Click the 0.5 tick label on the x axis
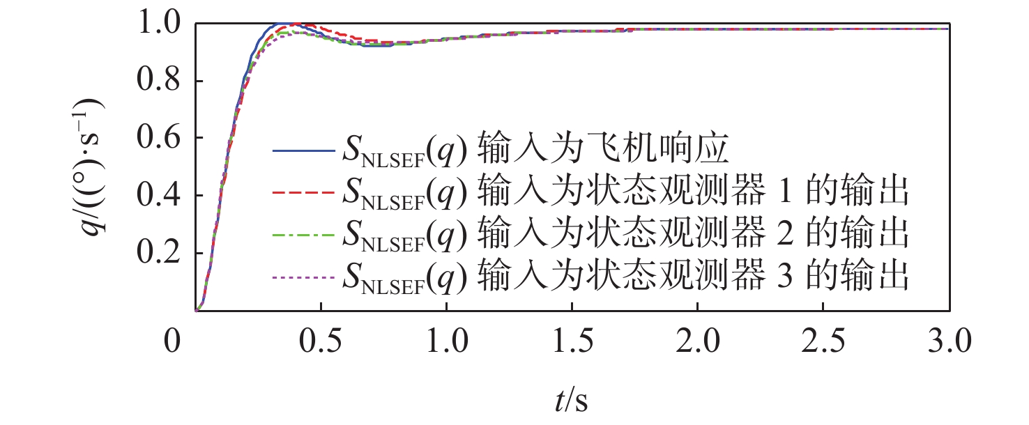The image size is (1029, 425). coord(320,343)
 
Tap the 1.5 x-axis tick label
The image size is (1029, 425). coord(572,343)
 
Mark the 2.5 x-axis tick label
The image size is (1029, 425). coord(823,343)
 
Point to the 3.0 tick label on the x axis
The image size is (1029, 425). coord(949,343)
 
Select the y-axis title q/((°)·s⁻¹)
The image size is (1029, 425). coord(93,167)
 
